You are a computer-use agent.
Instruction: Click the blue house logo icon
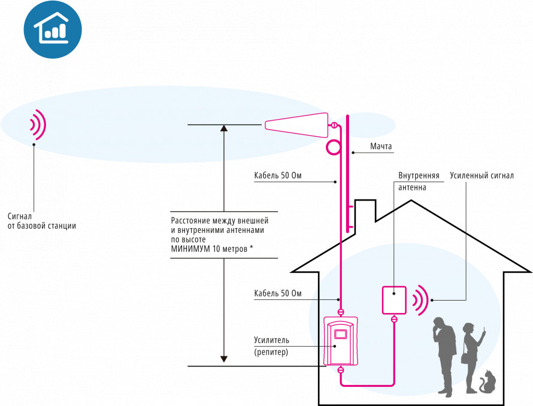pos(52,29)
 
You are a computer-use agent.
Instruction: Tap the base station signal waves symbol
pos(38,125)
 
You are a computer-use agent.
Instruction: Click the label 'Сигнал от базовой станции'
pos(42,221)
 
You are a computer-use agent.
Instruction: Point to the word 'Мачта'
pos(380,146)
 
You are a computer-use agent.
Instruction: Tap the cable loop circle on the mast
pos(333,147)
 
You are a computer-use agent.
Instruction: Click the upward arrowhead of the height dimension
pos(224,128)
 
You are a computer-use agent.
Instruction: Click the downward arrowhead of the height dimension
pos(224,359)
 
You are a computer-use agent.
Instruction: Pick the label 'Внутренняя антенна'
pos(419,181)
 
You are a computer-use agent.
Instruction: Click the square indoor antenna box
pos(394,299)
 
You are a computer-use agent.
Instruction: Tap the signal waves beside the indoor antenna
pos(422,299)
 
